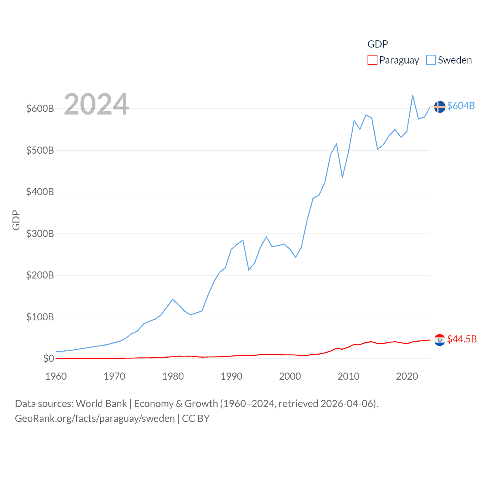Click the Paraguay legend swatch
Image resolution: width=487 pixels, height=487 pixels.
pyautogui.click(x=372, y=60)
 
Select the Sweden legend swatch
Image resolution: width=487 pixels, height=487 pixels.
pyautogui.click(x=431, y=60)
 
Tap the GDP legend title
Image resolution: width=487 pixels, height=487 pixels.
pyautogui.click(x=377, y=44)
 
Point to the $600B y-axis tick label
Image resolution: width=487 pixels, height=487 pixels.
pyautogui.click(x=40, y=108)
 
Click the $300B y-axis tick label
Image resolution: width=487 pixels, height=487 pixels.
pyautogui.click(x=40, y=234)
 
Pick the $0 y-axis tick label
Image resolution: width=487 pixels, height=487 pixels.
pyautogui.click(x=48, y=358)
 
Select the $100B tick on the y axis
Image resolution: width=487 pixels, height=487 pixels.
pyautogui.click(x=40, y=317)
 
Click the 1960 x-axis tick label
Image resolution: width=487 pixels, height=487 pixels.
pyautogui.click(x=56, y=376)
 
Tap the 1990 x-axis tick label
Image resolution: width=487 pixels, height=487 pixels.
pyautogui.click(x=231, y=376)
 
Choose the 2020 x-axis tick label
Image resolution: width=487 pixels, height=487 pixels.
pyautogui.click(x=407, y=376)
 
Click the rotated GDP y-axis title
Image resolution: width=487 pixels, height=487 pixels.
pyautogui.click(x=16, y=220)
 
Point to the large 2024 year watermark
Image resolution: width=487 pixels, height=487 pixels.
pyautogui.click(x=96, y=104)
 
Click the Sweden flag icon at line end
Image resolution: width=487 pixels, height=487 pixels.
pyautogui.click(x=439, y=107)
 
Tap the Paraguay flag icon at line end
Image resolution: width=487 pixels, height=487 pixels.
pyautogui.click(x=439, y=340)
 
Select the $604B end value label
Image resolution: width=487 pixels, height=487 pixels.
pyautogui.click(x=461, y=106)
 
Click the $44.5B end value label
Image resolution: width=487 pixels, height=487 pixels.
pyautogui.click(x=462, y=339)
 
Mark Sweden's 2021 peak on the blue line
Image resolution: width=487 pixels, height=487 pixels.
pyautogui.click(x=413, y=95)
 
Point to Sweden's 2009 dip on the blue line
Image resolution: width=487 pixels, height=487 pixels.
pyautogui.click(x=342, y=177)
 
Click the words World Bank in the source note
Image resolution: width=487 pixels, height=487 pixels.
pyautogui.click(x=101, y=404)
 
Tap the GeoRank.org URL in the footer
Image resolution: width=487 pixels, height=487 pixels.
pyautogui.click(x=95, y=419)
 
